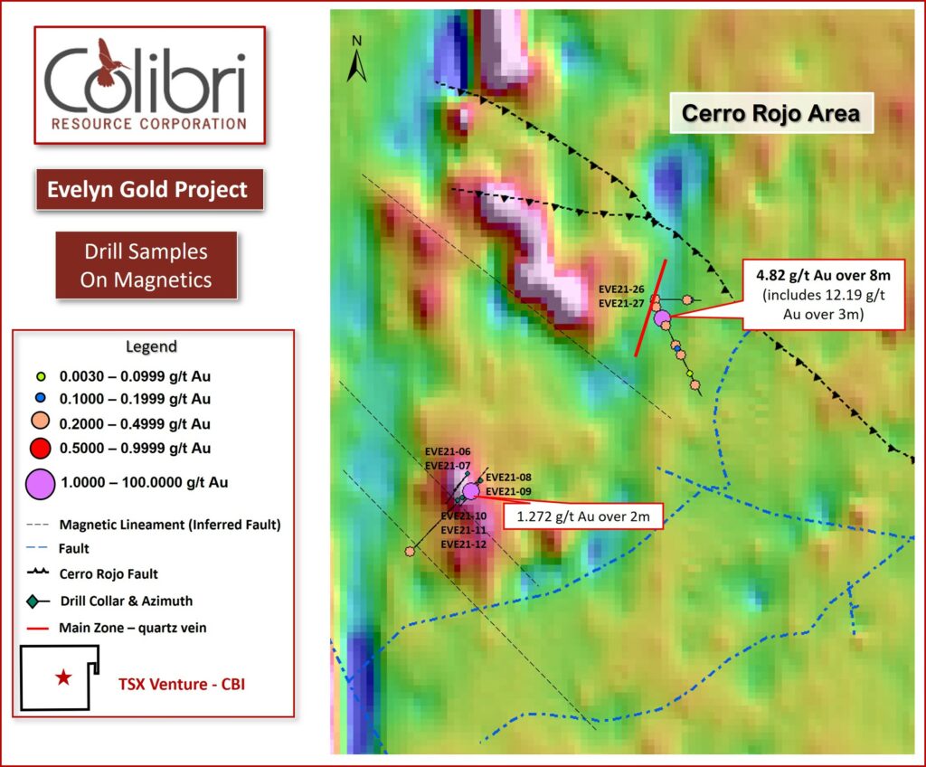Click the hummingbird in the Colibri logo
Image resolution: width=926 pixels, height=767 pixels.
click(109, 62)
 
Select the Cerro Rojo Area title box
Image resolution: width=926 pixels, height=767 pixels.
click(771, 113)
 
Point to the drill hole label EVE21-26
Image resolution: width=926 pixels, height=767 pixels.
click(621, 289)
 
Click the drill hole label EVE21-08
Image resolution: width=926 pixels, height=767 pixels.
click(508, 478)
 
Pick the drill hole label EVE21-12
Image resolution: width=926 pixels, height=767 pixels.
click(464, 544)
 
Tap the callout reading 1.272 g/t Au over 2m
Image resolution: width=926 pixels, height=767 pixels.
click(583, 516)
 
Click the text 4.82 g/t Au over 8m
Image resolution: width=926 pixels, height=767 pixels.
click(823, 275)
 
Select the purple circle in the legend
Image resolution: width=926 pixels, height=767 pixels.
click(40, 484)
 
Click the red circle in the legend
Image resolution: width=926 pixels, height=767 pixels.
click(40, 449)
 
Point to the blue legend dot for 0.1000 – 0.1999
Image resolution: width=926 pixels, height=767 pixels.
click(41, 398)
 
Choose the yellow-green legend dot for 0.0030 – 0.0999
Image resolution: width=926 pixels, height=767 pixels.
click(41, 376)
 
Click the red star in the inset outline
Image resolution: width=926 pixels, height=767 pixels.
click(64, 677)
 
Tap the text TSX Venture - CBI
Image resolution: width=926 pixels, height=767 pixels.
click(182, 685)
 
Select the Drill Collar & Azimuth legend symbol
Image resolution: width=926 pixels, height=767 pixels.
click(38, 601)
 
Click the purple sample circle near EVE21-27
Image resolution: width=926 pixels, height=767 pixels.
click(663, 317)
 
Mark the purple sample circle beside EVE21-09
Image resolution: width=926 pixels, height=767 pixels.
click(470, 491)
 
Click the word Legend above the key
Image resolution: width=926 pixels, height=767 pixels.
click(151, 346)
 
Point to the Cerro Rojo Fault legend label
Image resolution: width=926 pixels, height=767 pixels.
click(109, 574)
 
